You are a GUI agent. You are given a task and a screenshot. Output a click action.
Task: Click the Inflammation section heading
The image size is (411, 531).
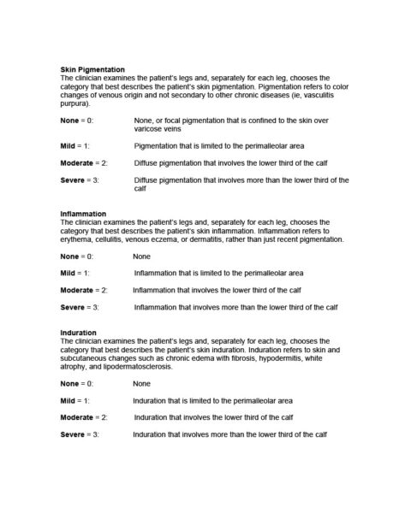[83, 214]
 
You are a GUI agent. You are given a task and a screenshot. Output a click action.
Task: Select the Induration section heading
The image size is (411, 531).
[78, 332]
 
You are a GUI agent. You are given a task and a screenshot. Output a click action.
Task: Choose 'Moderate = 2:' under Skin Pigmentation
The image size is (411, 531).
[83, 162]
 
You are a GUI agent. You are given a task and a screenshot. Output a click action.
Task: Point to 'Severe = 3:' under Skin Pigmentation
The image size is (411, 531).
[80, 180]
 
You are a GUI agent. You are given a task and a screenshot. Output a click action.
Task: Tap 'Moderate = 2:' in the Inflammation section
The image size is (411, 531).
[83, 290]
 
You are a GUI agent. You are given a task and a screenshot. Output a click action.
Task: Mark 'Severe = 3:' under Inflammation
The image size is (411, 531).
[80, 306]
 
